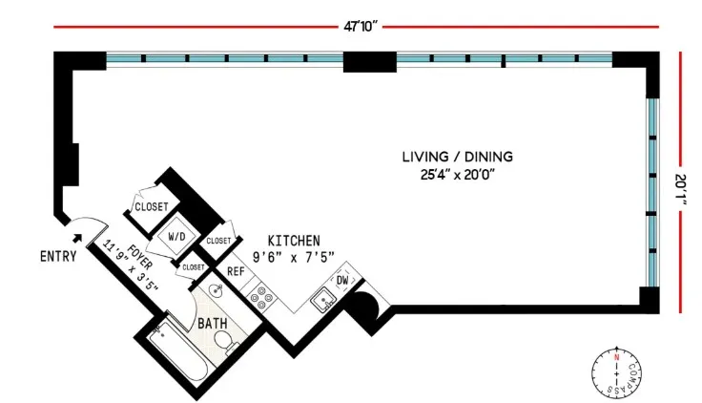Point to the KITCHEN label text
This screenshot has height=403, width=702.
(x=294, y=240)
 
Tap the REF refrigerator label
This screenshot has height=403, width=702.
(x=237, y=271)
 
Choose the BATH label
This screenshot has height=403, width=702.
(x=212, y=324)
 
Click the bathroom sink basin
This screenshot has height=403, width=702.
(x=216, y=289)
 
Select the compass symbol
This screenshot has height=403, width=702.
(x=617, y=371)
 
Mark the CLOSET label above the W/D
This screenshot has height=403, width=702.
(x=151, y=206)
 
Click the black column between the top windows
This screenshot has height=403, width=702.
(x=369, y=61)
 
